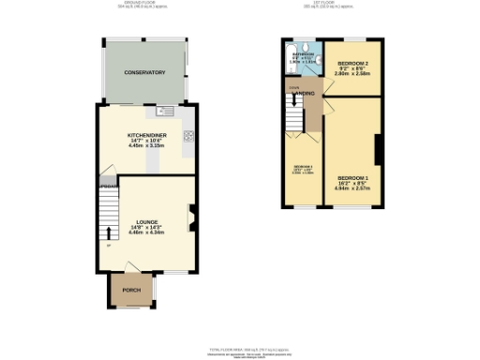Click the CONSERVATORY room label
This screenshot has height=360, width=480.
point(145,72)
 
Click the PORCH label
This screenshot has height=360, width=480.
point(131,291)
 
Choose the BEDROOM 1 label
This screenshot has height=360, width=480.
point(353,177)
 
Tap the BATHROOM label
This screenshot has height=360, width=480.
point(304,54)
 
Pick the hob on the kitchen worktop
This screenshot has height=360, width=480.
point(188,135)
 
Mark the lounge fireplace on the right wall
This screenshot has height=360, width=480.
point(191,217)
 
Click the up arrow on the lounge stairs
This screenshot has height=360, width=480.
point(107,232)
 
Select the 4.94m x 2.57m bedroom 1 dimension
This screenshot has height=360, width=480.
point(353,188)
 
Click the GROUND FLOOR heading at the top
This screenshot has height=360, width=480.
point(145,5)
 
